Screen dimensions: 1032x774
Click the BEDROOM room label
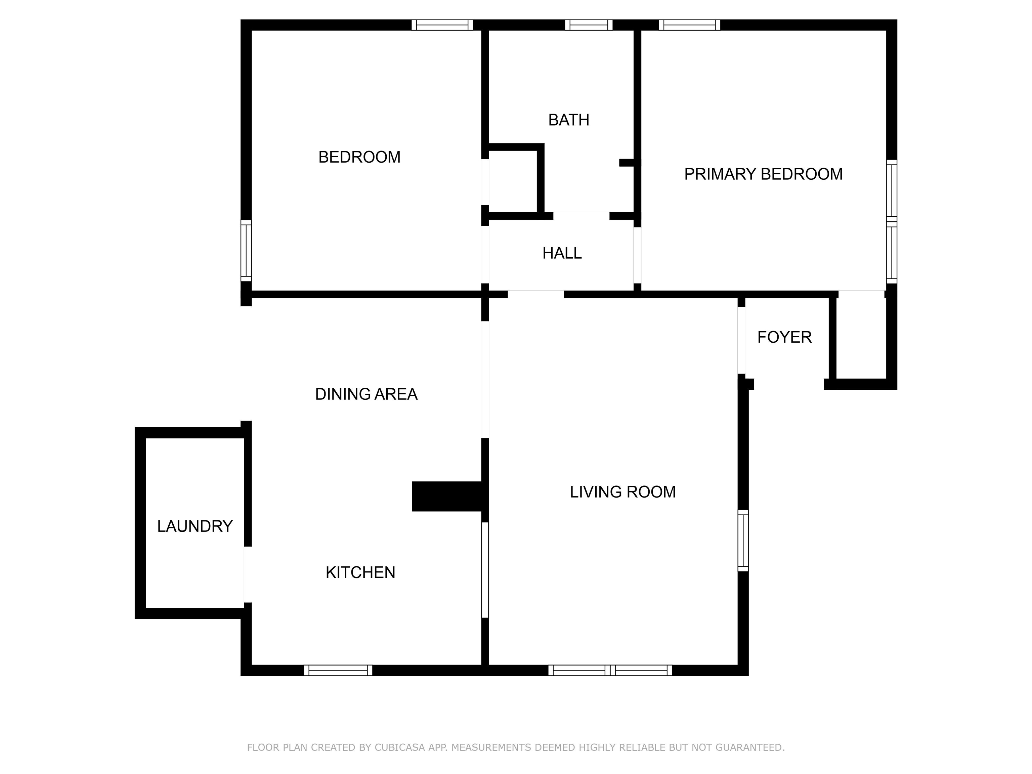(x=359, y=157)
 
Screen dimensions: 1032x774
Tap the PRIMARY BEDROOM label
(x=763, y=174)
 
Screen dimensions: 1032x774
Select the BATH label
(x=569, y=120)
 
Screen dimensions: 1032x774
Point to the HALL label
(x=562, y=253)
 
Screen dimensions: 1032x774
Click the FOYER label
(x=784, y=337)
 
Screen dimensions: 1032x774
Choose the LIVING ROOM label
(x=623, y=492)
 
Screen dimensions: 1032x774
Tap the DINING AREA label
(x=366, y=394)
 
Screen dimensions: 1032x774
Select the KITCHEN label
(x=360, y=572)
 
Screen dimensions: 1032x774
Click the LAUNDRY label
(x=195, y=526)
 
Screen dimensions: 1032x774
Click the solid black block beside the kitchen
(x=447, y=497)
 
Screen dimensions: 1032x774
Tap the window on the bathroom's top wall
(x=589, y=25)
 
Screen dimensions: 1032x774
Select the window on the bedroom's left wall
(x=246, y=251)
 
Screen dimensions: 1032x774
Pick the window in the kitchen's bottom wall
(x=338, y=671)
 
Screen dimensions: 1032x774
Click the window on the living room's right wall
(x=743, y=540)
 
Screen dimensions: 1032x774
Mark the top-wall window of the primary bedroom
(x=690, y=25)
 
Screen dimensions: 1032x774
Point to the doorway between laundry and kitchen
(x=248, y=574)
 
